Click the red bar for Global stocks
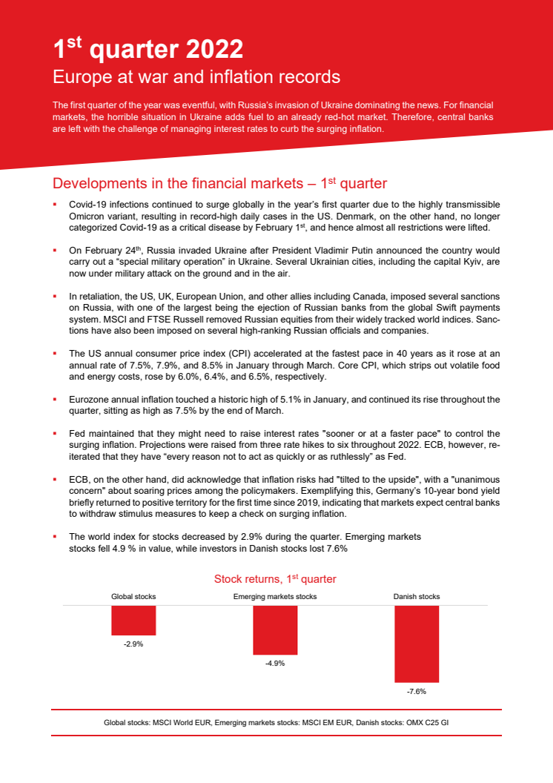coord(133,620)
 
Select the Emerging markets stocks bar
coord(275,630)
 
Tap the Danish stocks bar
coord(416,644)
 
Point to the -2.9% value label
coord(133,645)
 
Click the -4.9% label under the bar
coord(275,664)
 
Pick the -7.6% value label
coord(416,691)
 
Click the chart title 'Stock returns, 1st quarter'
coord(275,578)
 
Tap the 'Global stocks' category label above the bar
coord(133,596)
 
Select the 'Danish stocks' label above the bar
coord(416,596)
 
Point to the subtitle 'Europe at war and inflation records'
coord(196,77)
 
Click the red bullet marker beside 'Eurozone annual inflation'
coord(54,398)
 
